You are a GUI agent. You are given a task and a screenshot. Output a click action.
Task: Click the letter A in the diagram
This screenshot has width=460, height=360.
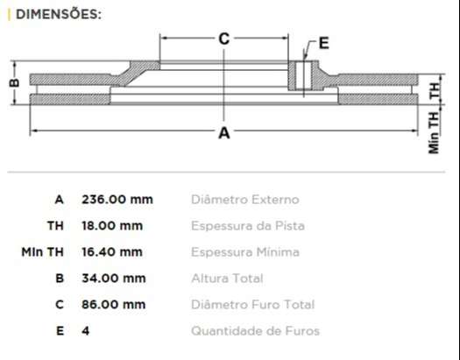[x=223, y=133]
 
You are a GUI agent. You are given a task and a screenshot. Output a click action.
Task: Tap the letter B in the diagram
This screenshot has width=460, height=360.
[x=13, y=83]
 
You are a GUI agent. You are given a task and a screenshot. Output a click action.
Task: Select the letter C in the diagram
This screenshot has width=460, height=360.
[x=223, y=39]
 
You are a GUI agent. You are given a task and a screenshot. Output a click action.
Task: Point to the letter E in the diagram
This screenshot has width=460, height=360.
[x=323, y=42]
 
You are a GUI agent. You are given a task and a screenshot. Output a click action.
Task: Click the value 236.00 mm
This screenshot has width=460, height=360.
[x=117, y=199]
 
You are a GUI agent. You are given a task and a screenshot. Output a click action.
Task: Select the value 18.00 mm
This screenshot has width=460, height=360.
[x=111, y=225]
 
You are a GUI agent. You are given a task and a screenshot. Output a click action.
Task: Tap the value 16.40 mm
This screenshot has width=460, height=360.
[x=111, y=252]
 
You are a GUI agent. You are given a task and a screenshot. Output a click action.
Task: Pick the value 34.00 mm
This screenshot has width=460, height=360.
[x=113, y=279]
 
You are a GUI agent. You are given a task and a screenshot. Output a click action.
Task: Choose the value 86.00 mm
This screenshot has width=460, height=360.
[x=113, y=305]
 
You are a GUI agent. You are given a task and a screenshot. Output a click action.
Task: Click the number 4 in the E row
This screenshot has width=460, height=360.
[x=85, y=331]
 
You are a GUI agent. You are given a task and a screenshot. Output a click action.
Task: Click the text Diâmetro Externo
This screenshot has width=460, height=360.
[x=244, y=200]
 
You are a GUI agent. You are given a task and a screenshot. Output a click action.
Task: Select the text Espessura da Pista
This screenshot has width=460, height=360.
[x=248, y=226]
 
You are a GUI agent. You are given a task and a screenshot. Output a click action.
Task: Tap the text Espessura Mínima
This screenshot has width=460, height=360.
[x=244, y=252]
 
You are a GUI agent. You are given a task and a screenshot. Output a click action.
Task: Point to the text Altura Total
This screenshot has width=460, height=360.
[x=226, y=279]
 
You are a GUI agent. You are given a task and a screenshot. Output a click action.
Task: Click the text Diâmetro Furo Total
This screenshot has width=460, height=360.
[x=252, y=305]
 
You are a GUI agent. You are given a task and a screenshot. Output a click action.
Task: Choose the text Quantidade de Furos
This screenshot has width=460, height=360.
[x=255, y=331]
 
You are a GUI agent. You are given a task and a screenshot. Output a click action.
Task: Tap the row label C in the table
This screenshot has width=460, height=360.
[x=59, y=305]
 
